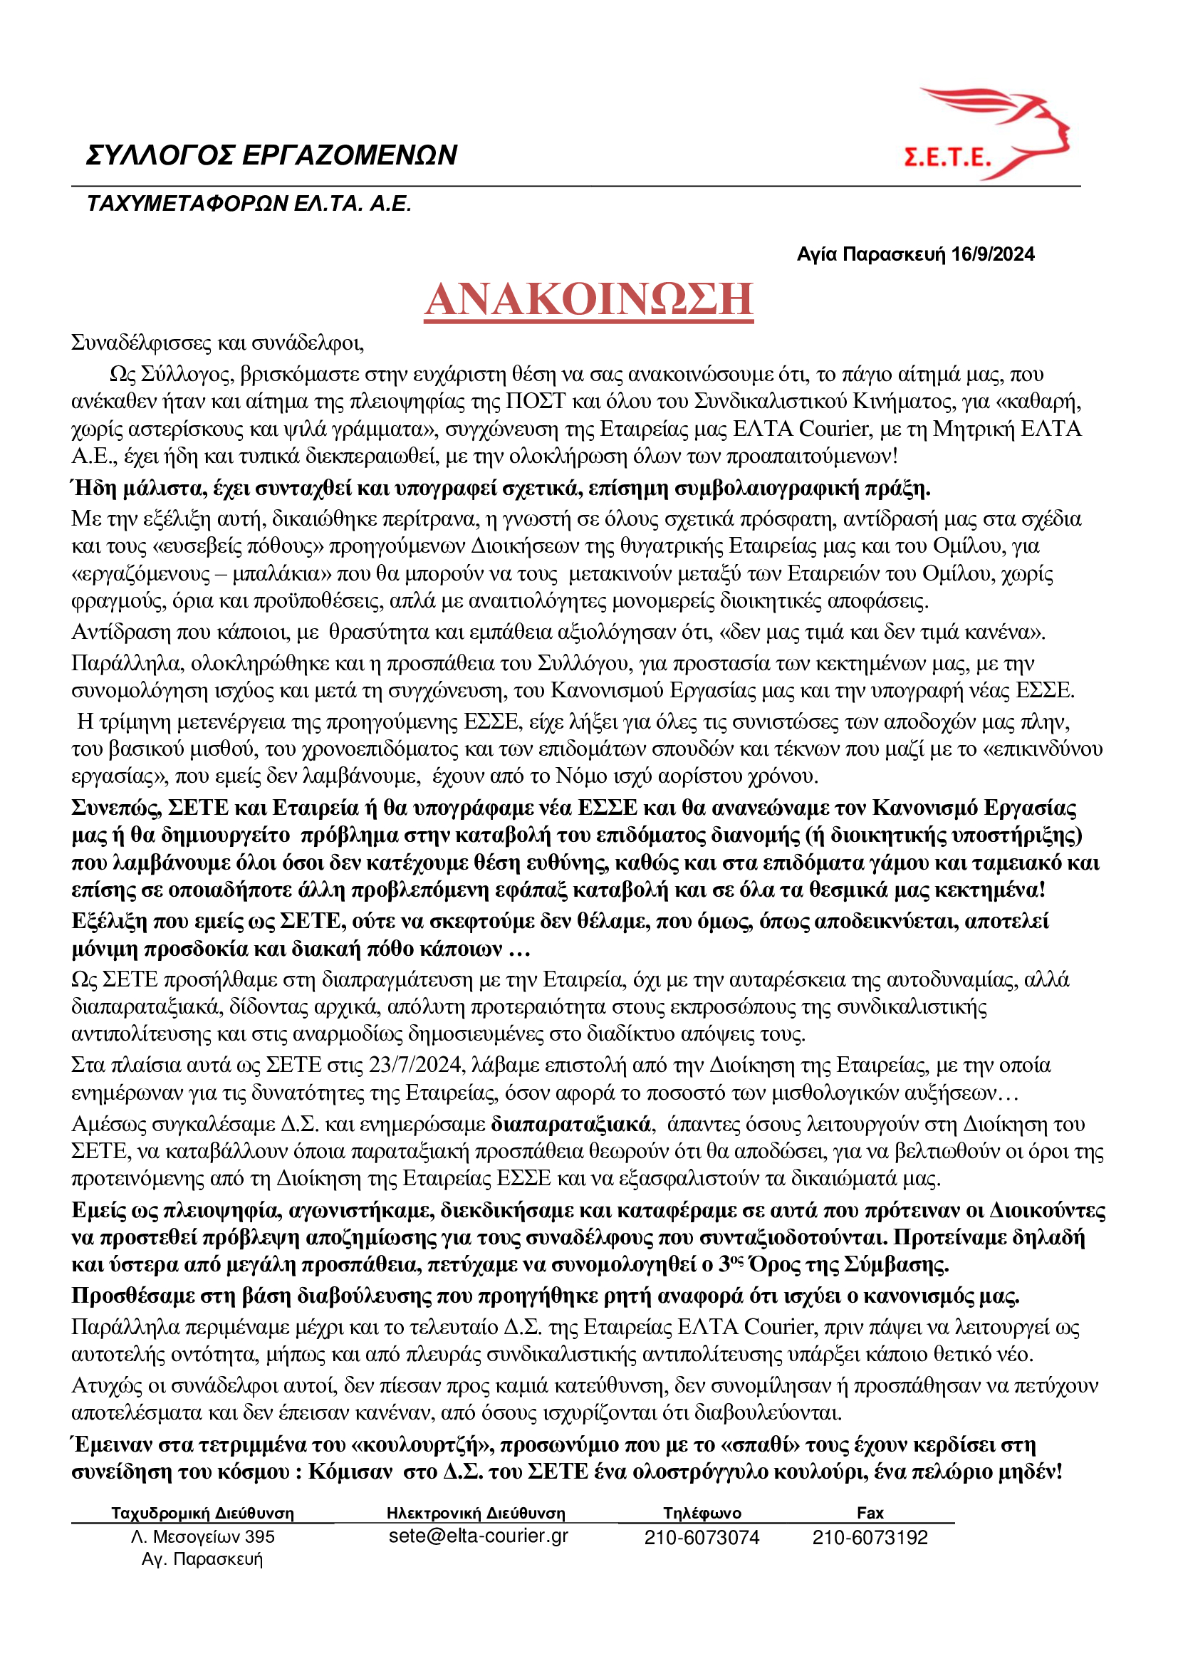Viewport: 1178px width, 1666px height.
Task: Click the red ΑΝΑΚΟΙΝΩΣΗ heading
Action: (588, 300)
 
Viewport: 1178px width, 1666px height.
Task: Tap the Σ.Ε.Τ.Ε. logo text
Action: (947, 157)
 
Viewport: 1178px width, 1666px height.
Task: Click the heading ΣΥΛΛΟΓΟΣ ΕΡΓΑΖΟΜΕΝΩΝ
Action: (271, 155)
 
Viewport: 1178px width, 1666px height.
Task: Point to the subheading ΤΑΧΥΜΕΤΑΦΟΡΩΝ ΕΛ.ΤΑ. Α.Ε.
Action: (249, 204)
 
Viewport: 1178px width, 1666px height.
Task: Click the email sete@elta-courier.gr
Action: (478, 1536)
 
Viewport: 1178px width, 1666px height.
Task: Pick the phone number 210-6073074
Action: (702, 1538)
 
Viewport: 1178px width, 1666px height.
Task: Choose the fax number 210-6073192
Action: (870, 1538)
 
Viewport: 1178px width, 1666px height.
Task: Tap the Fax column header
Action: (870, 1513)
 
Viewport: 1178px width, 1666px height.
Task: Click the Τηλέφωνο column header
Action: (702, 1513)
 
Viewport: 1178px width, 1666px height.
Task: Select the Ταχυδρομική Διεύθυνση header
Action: (202, 1514)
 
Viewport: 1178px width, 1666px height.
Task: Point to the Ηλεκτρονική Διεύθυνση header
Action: (476, 1514)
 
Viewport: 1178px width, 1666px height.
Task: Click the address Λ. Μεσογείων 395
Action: (202, 1537)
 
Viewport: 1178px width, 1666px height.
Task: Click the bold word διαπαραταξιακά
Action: (570, 1125)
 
